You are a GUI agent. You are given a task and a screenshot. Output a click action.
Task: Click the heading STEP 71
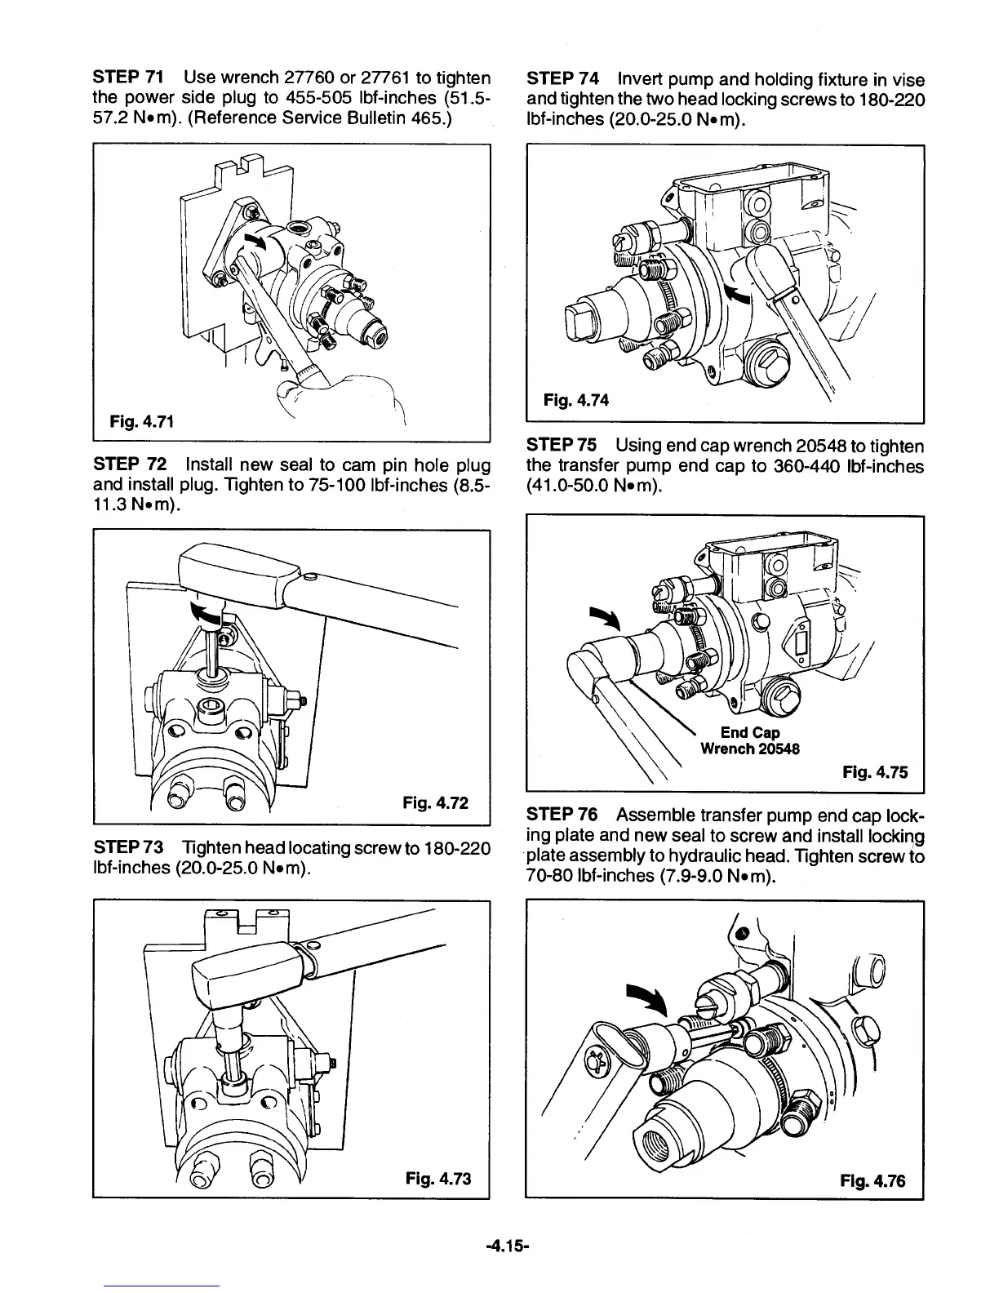pyautogui.click(x=130, y=78)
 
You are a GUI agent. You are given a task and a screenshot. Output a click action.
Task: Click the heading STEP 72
pyautogui.click(x=131, y=464)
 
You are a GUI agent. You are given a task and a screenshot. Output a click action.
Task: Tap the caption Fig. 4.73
pyautogui.click(x=438, y=1179)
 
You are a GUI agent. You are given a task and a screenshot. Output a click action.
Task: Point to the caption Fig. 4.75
pyautogui.click(x=874, y=771)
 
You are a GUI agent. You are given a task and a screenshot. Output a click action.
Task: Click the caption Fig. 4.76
pyautogui.click(x=872, y=1180)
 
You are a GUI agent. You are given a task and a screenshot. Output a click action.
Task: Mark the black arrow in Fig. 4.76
pyautogui.click(x=647, y=998)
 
